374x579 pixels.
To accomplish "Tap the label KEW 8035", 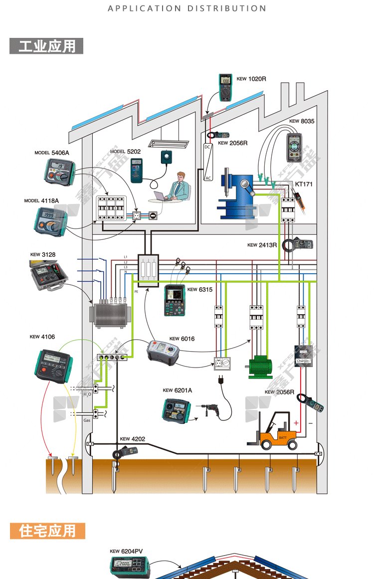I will pos(302,121).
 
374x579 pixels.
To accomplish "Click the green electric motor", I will pos(261,366).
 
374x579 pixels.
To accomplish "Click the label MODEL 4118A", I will pos(41,200).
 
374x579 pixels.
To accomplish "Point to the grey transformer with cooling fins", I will pos(110,314).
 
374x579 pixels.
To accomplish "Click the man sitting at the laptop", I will pos(179,186).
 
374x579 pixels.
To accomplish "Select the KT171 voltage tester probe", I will pos(302,202).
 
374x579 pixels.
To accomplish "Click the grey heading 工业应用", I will pos(46,46).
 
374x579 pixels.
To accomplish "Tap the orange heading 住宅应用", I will pos(47,531).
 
